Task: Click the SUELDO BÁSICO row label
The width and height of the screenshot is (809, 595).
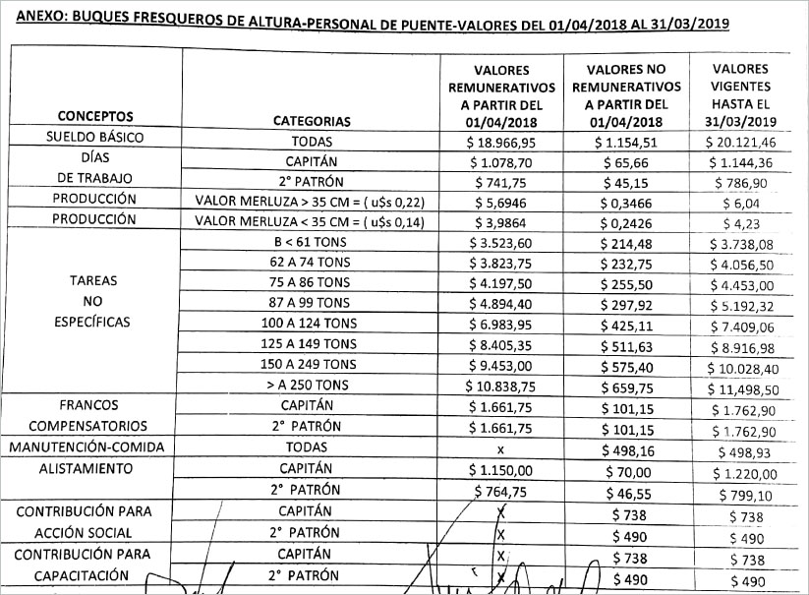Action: point(95,138)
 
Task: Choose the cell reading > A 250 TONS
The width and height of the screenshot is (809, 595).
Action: point(308,385)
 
